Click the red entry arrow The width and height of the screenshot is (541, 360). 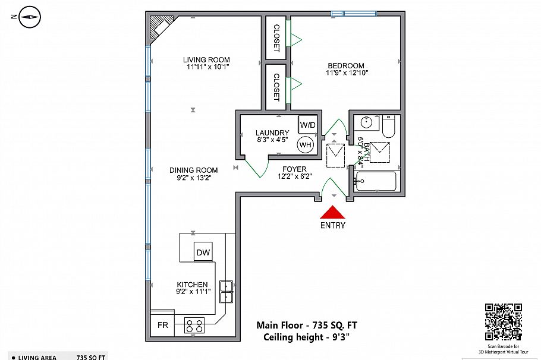coord(333,212)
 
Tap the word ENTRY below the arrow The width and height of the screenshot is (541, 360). coord(333,225)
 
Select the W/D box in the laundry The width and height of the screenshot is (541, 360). coord(307,125)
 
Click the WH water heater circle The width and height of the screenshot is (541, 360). coord(306,144)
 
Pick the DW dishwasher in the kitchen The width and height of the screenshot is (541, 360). coord(203,252)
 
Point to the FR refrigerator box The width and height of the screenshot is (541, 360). coord(162,325)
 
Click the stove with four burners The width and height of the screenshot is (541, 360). coord(194,326)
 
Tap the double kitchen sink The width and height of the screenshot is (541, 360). coord(226,291)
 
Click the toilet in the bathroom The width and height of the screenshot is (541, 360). coord(389,127)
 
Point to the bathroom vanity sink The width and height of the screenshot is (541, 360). coord(366,123)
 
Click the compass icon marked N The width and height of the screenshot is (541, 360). coord(28,18)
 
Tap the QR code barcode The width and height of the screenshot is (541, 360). coord(503,321)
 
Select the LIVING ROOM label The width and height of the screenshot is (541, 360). coord(206,59)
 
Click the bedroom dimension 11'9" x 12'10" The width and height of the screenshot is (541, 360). coord(347,73)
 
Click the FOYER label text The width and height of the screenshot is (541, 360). coord(294,169)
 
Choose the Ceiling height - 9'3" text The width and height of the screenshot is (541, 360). coord(306,337)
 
